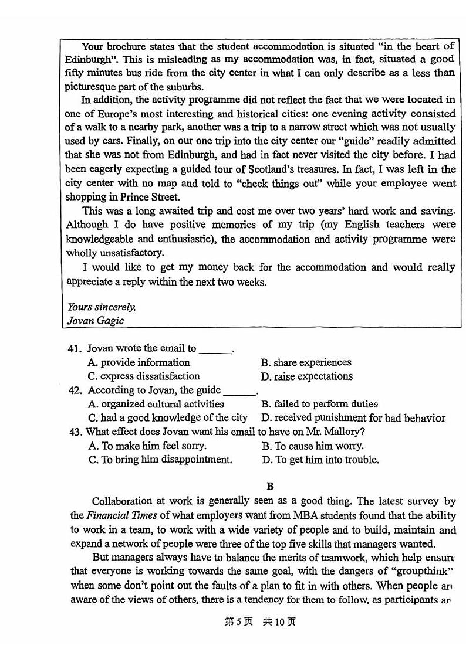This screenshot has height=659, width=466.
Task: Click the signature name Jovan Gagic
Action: pyautogui.click(x=96, y=321)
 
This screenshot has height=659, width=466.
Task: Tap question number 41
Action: pyautogui.click(x=73, y=349)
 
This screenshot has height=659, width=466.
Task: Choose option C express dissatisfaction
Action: pyautogui.click(x=144, y=376)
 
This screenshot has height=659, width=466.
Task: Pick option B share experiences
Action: pyautogui.click(x=306, y=362)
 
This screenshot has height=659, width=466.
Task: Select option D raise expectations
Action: pyautogui.click(x=306, y=376)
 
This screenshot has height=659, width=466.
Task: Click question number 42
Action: pyautogui.click(x=73, y=390)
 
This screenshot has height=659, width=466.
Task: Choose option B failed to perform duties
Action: pyautogui.click(x=319, y=404)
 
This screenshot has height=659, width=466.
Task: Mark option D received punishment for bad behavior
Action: pyautogui.click(x=353, y=418)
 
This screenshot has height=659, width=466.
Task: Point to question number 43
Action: pyautogui.click(x=74, y=432)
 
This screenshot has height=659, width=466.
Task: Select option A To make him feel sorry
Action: pyautogui.click(x=147, y=446)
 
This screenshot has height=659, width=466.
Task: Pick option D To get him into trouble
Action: pyautogui.click(x=320, y=460)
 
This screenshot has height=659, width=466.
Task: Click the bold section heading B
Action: pyautogui.click(x=270, y=486)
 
